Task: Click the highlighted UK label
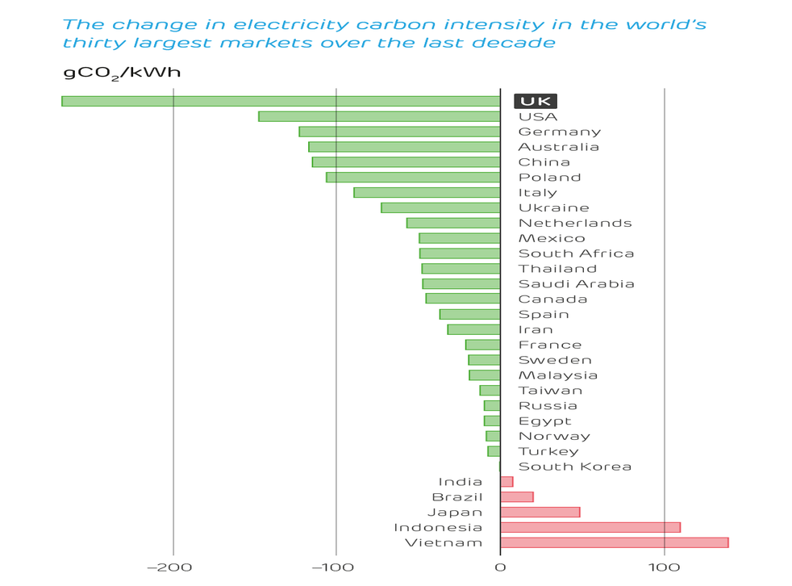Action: click(x=536, y=102)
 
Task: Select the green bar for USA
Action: click(x=379, y=116)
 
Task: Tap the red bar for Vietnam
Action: click(x=614, y=543)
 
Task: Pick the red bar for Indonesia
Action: click(x=590, y=528)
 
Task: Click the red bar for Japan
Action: click(x=540, y=513)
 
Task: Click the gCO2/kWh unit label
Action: click(x=122, y=73)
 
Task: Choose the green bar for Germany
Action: click(x=399, y=132)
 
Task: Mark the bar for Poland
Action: click(x=413, y=178)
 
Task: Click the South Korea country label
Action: click(x=574, y=467)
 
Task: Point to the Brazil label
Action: click(x=457, y=497)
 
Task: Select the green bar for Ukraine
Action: click(x=440, y=208)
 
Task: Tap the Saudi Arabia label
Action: click(x=576, y=284)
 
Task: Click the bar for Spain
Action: click(x=469, y=315)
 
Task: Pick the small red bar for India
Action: click(x=506, y=482)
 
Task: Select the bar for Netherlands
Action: click(x=453, y=224)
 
